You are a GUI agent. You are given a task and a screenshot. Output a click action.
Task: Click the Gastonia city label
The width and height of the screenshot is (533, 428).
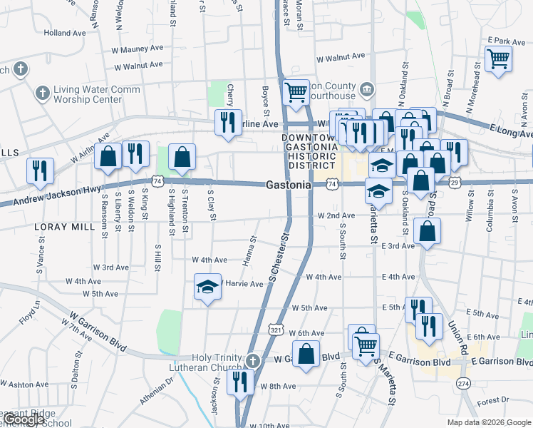[288, 185]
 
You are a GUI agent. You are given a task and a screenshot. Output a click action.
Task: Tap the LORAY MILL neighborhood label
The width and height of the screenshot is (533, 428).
[63, 226]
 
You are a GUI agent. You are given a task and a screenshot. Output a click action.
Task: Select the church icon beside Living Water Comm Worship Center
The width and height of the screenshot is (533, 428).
[41, 93]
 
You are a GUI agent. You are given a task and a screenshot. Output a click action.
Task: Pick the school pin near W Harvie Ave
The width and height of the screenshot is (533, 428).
[207, 287]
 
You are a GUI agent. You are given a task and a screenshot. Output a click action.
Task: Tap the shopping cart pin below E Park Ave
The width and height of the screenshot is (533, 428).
[498, 58]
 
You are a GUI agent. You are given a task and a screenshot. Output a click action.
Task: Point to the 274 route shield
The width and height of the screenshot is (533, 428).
[465, 383]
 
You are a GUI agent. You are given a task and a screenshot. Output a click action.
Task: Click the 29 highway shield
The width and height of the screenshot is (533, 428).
[454, 183]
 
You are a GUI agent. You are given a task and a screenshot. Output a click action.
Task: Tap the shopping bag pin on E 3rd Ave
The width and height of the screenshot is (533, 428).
[427, 231]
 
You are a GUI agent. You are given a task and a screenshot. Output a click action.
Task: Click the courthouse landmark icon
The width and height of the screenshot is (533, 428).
[367, 88]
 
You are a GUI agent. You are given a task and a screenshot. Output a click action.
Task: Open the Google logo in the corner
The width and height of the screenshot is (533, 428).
[24, 419]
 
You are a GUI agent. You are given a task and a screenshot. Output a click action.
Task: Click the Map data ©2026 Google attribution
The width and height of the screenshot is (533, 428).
[489, 422]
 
